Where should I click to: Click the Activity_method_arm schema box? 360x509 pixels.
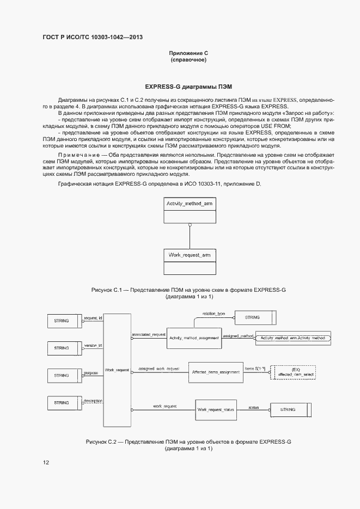coord(189,210)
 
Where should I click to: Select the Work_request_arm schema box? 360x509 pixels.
coord(189,261)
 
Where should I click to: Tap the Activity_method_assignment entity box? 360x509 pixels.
coord(193,338)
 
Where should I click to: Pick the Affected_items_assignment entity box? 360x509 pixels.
coord(216,372)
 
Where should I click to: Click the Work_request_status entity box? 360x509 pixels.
coord(216,409)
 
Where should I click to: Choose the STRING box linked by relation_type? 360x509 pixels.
coord(254,316)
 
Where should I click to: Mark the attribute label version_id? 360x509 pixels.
coord(93,345)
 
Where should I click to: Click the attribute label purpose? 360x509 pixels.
coord(91,373)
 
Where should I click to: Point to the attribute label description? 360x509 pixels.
coord(92,400)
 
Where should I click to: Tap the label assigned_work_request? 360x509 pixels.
coord(158,369)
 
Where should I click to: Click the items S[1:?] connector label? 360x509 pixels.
coord(255,369)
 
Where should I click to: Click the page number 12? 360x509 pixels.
coord(46,463)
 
